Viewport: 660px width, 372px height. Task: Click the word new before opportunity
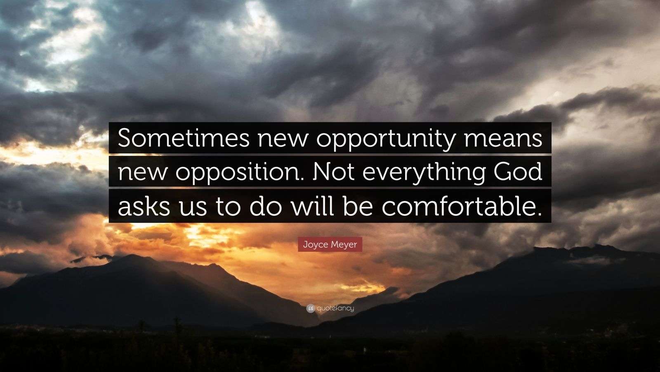pyautogui.click(x=283, y=140)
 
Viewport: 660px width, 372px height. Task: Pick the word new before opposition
pyautogui.click(x=142, y=174)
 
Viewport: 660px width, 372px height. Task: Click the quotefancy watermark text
pyautogui.click(x=335, y=308)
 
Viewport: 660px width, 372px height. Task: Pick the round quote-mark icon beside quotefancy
pyautogui.click(x=311, y=309)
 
